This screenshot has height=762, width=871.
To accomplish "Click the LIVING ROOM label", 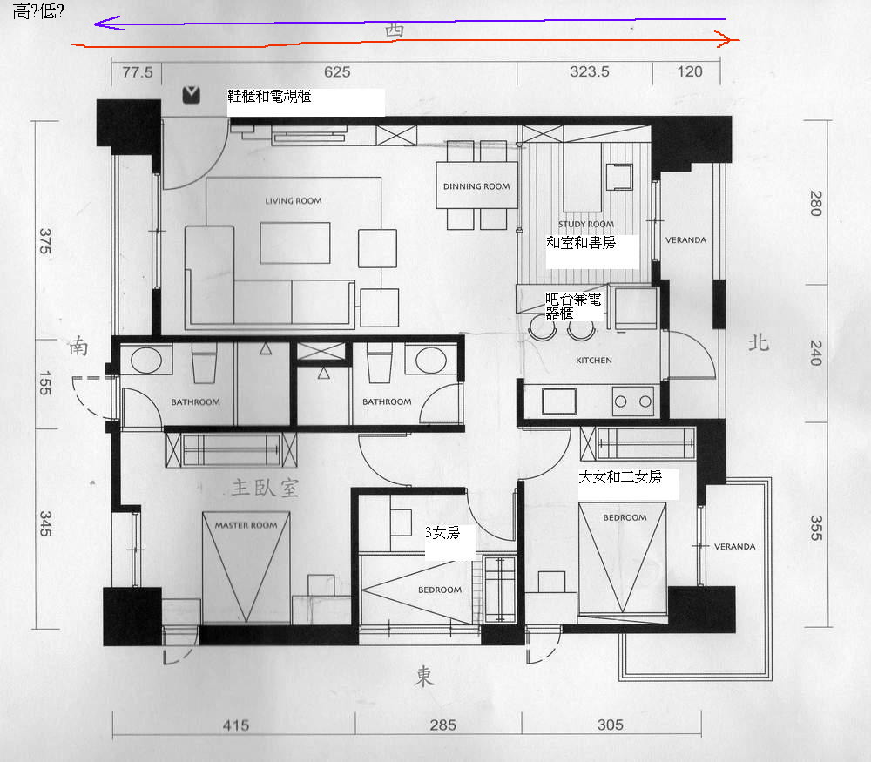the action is coord(294,201).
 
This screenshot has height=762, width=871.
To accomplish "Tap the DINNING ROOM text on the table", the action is coord(476,186).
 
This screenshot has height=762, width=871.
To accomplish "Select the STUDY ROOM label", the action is coord(586,224).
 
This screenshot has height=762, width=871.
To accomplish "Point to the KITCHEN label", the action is coord(594,361).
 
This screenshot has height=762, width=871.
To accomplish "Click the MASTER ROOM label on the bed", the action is coord(246,525).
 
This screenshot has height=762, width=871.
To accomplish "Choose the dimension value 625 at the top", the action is coord(337,72).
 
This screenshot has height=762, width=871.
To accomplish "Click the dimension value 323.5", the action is coord(590,71).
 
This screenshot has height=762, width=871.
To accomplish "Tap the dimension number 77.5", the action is coord(138,72).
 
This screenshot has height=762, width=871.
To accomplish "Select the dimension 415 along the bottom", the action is coord(236,725).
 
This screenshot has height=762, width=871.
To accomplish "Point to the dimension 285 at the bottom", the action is coord(442,725).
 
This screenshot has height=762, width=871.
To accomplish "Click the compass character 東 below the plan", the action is coord(424,677).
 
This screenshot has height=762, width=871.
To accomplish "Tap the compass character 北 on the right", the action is coord(759,342).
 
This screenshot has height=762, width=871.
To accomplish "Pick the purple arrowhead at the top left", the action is coord(106,23).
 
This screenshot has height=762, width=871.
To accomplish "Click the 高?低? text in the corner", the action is coord(38,11).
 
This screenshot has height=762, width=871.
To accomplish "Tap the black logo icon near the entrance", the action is coord(191,95).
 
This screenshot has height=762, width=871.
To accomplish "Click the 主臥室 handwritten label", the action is coord(266,488).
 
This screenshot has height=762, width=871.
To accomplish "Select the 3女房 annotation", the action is coord(442,533).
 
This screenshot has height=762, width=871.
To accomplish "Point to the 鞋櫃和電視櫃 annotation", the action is coord(269,96).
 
